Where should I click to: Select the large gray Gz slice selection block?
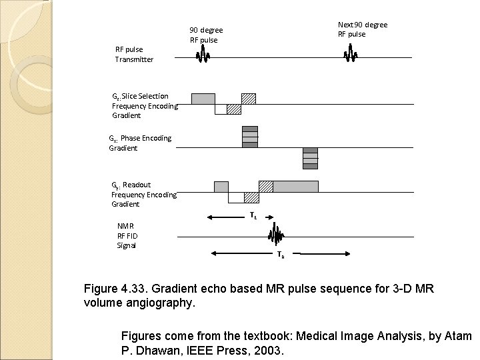point(203,99)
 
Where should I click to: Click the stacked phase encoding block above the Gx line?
point(249,136)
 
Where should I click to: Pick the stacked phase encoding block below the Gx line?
point(310,159)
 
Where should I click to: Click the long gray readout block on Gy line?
point(295,187)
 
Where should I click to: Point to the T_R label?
point(281,254)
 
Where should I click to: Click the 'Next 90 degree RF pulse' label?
point(362,29)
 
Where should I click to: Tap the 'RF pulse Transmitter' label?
point(134,54)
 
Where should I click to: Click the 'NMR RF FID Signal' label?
point(127,235)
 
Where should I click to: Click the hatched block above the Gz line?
point(249,99)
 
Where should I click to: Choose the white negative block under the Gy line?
point(236,198)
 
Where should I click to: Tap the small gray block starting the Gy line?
point(221,187)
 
